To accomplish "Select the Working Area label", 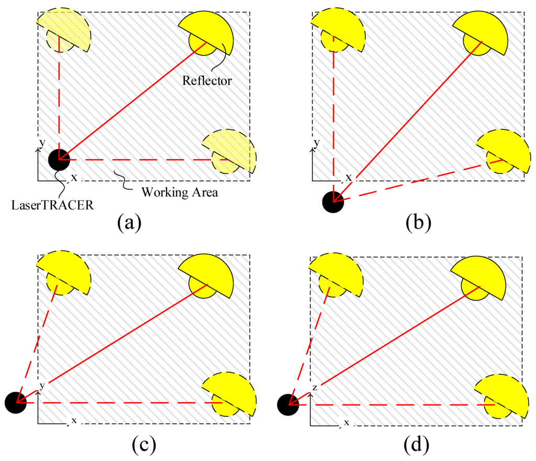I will click(x=180, y=192).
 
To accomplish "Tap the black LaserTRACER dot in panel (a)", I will click(x=59, y=159).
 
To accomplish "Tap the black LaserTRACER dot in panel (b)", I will click(x=333, y=201).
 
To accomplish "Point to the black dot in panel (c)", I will click(x=16, y=402).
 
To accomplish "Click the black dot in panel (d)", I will click(x=288, y=404).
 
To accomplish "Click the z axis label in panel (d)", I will click(x=315, y=388).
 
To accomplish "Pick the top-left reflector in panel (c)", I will click(x=65, y=272).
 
